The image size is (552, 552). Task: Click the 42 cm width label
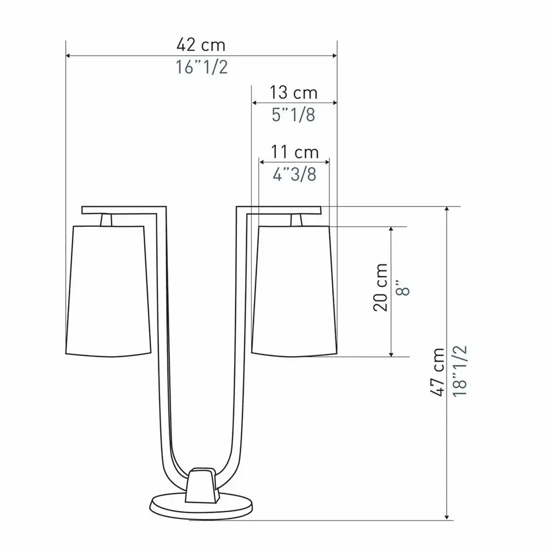point(201,44)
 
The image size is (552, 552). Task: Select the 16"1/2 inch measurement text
point(201,67)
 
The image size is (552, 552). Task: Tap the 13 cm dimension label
point(294,92)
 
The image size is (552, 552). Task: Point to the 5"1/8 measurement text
point(294,114)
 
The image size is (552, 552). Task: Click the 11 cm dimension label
point(294,151)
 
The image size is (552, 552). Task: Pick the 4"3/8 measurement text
point(294,174)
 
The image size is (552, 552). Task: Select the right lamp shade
point(294,290)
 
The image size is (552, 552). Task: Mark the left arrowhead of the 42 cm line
point(68,56)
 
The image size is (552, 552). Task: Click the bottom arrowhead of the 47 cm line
point(447,517)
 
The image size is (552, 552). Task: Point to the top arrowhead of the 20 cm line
point(391,230)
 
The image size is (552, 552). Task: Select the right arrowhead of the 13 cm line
point(333,103)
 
